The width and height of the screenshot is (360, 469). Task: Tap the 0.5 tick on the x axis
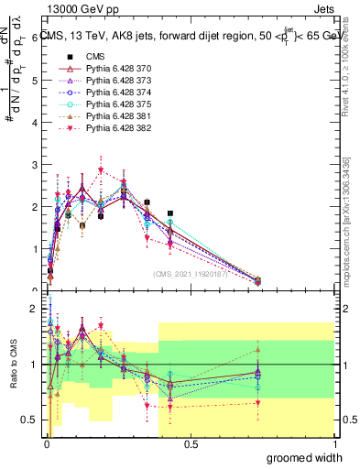191,443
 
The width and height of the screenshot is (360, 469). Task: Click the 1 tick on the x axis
334,443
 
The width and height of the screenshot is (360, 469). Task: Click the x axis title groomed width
305,457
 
